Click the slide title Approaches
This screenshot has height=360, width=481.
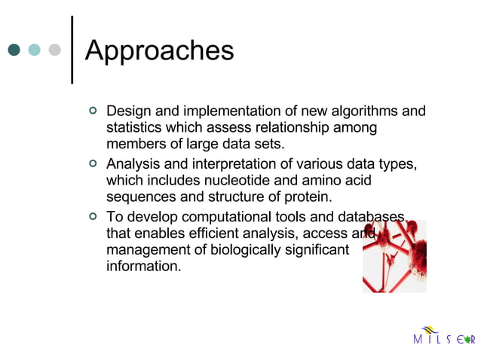coord(159,50)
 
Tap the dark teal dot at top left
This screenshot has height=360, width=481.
coord(14,50)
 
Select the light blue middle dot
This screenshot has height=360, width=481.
coord(34,50)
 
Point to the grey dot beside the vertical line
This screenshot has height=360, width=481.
coord(54,50)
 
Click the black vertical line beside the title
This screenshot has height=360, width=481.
coord(71,49)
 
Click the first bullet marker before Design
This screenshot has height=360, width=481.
coord(93,111)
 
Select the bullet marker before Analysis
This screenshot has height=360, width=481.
coord(93,163)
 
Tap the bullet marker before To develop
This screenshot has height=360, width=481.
coord(93,215)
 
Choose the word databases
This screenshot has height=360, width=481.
coord(372,216)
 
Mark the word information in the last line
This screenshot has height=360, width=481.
coord(143,267)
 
